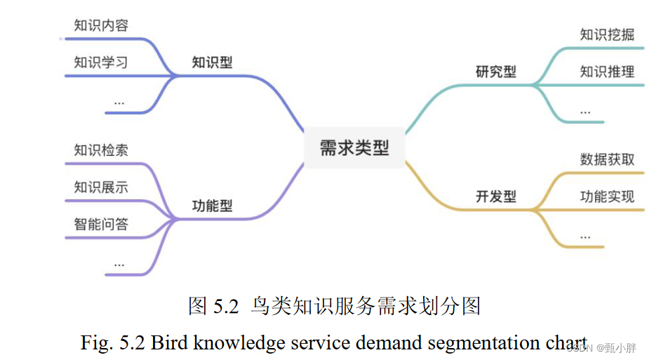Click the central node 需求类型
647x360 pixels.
354,148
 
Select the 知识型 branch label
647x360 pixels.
212,62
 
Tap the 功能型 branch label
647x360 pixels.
212,206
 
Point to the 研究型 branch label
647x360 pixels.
495,72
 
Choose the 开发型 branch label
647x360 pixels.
495,196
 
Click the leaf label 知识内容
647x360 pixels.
101,26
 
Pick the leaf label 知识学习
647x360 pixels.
101,62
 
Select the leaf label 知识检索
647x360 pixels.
101,150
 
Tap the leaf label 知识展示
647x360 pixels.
101,187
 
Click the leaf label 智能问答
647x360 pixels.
101,225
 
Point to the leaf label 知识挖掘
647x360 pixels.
607,34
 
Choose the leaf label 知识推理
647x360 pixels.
607,72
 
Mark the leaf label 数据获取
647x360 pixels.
607,159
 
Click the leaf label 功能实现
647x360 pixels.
607,196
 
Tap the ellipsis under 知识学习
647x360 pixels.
119,102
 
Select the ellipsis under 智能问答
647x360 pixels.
119,264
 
